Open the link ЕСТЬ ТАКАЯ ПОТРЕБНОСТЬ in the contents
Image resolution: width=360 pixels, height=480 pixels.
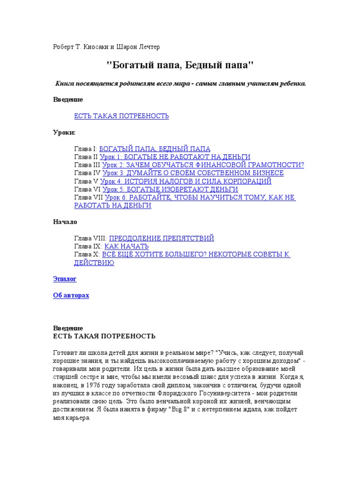pyautogui.click(x=121, y=116)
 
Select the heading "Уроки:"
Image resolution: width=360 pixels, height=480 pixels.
pyautogui.click(x=64, y=132)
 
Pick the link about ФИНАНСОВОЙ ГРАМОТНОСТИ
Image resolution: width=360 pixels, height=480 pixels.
pyautogui.click(x=203, y=165)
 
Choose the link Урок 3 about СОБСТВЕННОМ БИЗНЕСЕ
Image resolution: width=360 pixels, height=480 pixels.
pyautogui.click(x=193, y=173)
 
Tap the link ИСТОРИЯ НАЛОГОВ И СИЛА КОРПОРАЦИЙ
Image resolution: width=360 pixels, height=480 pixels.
pyautogui.click(x=186, y=181)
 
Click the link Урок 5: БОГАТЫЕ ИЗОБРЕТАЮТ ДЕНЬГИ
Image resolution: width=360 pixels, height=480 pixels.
pyautogui.click(x=170, y=189)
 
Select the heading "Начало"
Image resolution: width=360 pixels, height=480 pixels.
pyautogui.click(x=65, y=222)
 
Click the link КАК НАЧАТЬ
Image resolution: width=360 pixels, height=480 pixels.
pyautogui.click(x=126, y=246)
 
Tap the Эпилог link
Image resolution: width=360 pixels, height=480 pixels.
pyautogui.click(x=64, y=279)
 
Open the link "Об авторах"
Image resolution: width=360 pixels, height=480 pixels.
pyautogui.click(x=71, y=295)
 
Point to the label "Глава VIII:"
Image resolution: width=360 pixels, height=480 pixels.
pyautogui.click(x=90, y=238)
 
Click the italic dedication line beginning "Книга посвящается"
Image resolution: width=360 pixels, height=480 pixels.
pyautogui.click(x=180, y=83)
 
